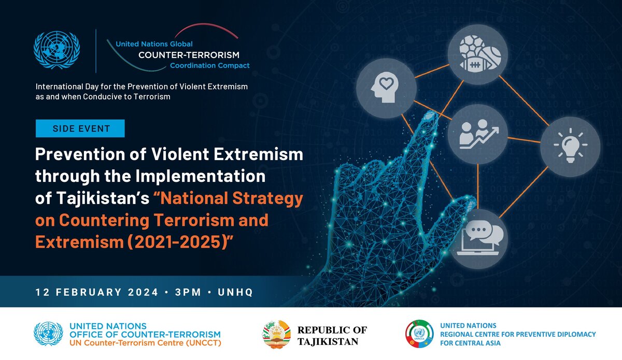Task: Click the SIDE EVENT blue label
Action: [x=80, y=128]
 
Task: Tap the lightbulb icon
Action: [x=570, y=146]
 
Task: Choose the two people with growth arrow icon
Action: [x=478, y=134]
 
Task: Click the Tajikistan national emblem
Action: [x=276, y=334]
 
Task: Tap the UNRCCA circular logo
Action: [x=419, y=334]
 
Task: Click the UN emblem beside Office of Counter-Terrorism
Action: [x=48, y=334]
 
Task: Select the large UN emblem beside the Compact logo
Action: [x=56, y=50]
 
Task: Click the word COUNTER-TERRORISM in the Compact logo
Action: [x=189, y=55]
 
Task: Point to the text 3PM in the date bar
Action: [x=188, y=292]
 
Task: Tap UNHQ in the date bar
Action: [x=235, y=292]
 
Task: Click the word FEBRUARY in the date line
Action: [x=89, y=292]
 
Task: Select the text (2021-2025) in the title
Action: [x=177, y=242]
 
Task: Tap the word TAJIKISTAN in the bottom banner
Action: [x=328, y=342]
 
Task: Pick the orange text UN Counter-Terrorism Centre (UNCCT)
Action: [x=145, y=343]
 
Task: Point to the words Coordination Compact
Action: [x=209, y=65]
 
